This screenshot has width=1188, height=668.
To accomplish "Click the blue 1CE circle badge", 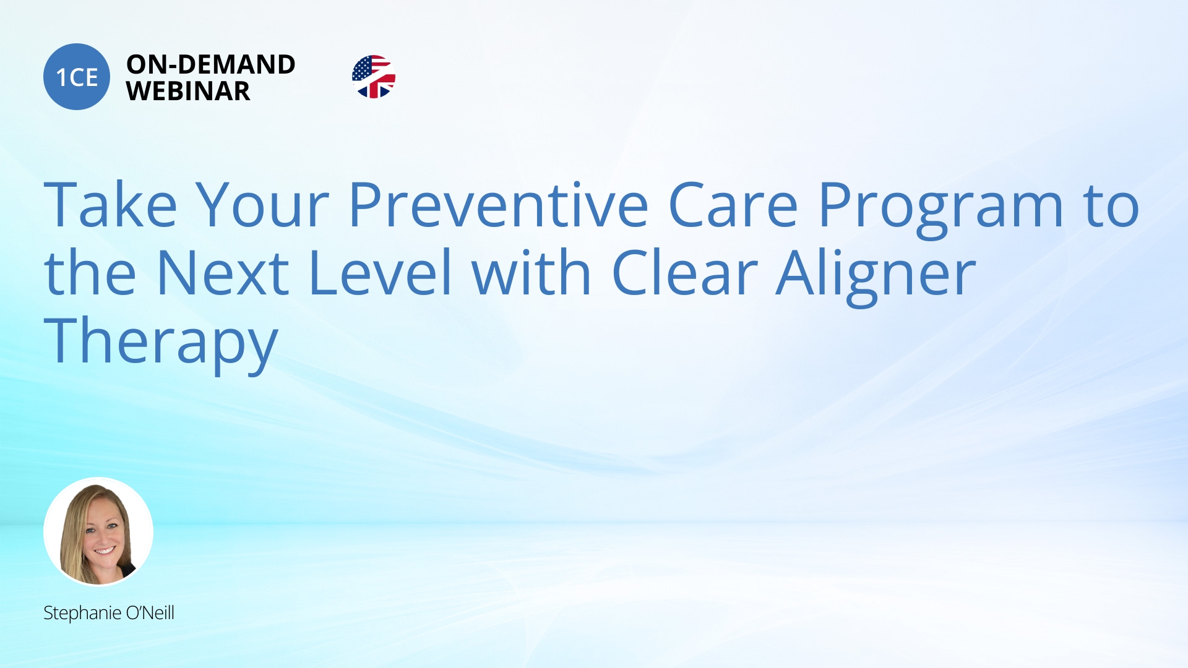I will (x=77, y=77).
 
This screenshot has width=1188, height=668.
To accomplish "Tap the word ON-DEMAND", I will (x=210, y=64).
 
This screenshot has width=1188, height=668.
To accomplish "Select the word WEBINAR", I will (x=188, y=92).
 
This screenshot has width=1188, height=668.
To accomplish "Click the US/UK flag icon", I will (x=373, y=77).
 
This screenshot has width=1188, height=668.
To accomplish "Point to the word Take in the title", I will (x=110, y=205).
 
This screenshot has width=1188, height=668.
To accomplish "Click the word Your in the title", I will (x=262, y=205).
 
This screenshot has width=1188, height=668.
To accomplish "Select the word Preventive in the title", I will (x=498, y=205).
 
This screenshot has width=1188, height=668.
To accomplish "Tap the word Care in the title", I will (x=733, y=205).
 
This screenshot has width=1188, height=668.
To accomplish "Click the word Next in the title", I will (x=223, y=273).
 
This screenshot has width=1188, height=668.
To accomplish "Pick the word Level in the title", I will (x=380, y=273).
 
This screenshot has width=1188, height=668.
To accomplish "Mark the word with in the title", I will (x=531, y=273).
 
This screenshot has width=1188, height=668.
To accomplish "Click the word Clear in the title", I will (x=684, y=273).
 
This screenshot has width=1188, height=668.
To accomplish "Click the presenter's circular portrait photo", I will (x=98, y=531).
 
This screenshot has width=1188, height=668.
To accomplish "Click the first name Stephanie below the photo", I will (x=82, y=613).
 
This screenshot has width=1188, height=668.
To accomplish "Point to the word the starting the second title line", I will (x=90, y=273).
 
